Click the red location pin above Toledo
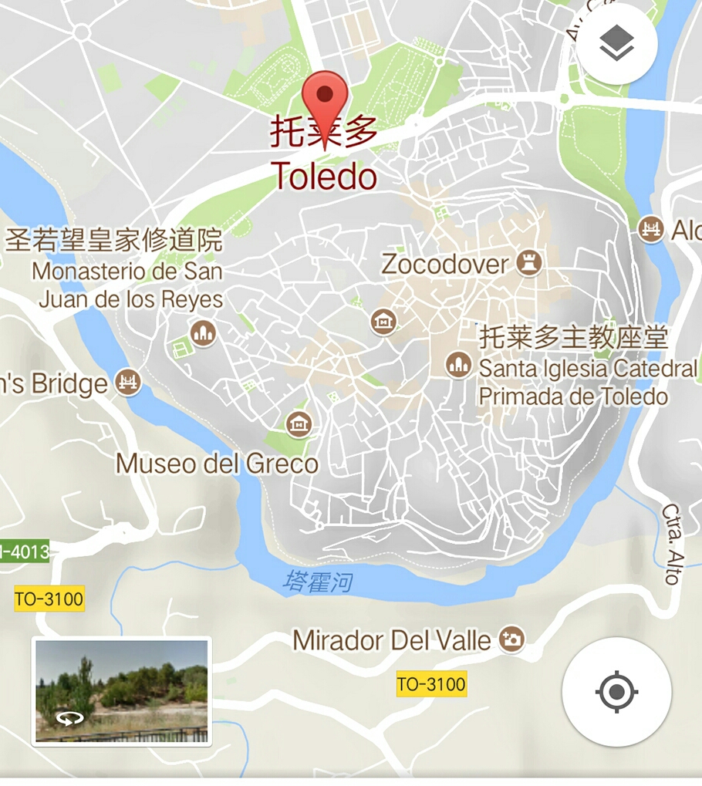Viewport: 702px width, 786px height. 325,96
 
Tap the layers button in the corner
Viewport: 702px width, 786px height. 616,45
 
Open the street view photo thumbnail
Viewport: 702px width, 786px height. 122,691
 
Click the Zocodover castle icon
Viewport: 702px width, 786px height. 529,263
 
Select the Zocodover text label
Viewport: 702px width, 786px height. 445,265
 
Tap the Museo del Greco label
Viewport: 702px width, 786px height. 217,464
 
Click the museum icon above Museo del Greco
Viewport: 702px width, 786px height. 299,423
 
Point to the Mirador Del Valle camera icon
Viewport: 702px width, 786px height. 511,639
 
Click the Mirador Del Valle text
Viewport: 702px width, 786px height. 392,640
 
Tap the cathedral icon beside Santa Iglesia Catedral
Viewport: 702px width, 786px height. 459,365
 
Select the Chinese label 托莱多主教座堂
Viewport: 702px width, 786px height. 574,337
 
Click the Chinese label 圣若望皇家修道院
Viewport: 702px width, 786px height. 113,240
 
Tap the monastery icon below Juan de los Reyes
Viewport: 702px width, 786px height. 203,332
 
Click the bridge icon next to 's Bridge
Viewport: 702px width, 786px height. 128,381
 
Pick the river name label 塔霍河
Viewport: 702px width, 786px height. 317,581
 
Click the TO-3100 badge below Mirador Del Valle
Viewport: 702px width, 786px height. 431,684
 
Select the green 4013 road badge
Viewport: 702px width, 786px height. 25,552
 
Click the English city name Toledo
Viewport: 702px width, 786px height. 324,177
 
